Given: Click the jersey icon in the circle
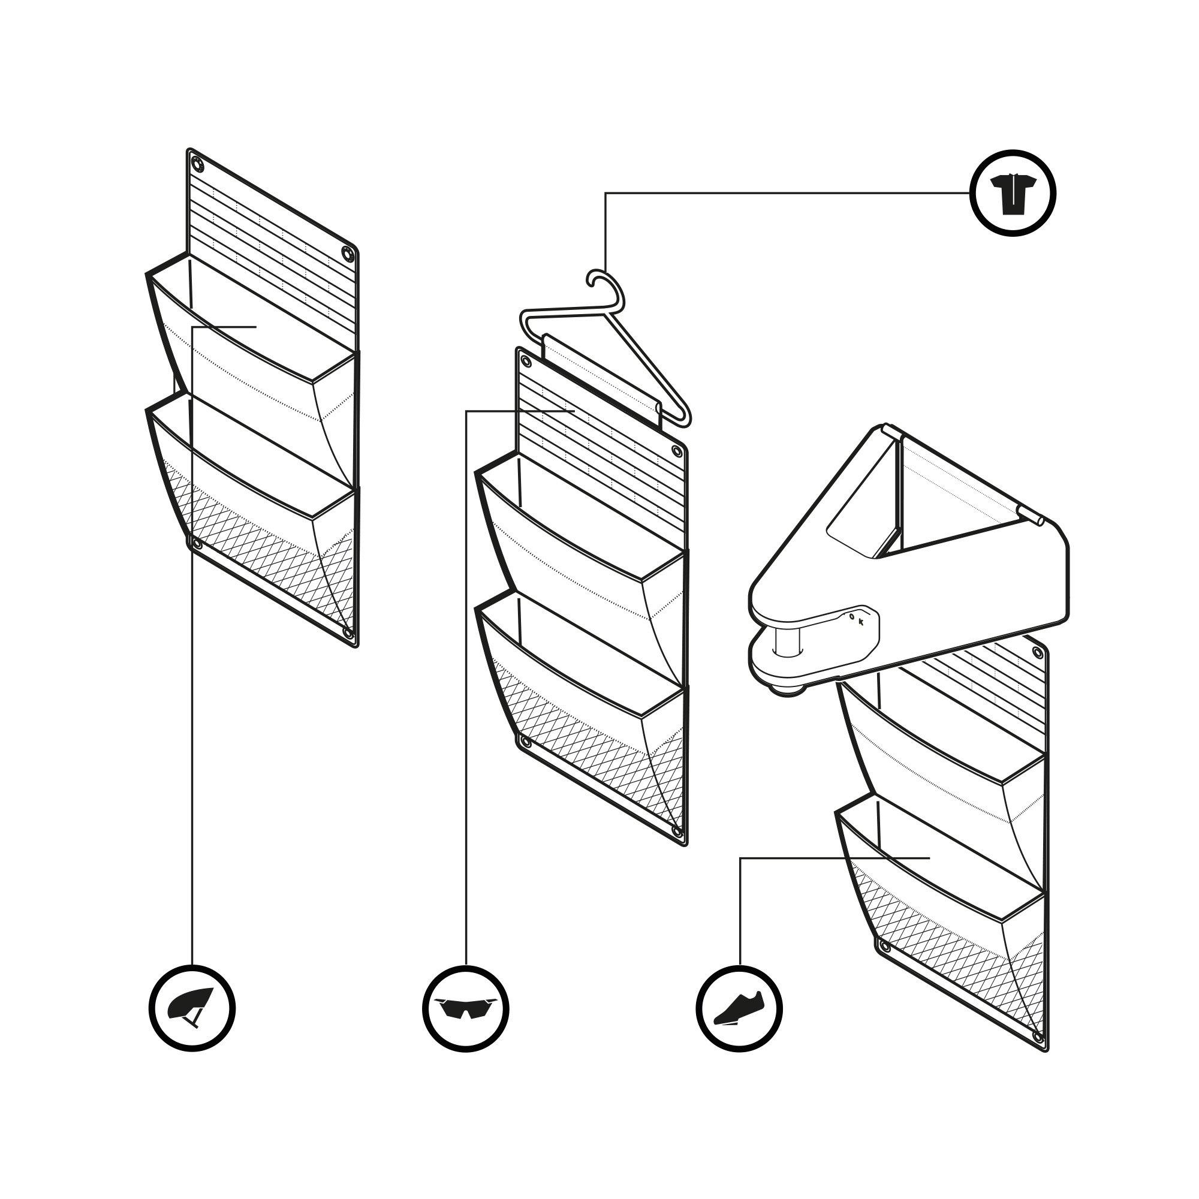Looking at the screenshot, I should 1013,193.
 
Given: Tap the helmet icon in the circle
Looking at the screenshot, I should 192,1007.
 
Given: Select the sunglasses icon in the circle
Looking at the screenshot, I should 465,1007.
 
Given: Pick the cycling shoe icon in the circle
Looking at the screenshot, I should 739,1007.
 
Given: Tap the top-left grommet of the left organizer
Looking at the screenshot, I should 197,164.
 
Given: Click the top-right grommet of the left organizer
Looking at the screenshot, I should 347,254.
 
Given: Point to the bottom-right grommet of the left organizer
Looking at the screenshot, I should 348,633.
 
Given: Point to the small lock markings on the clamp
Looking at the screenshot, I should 857,619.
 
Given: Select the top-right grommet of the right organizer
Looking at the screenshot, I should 1037,652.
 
